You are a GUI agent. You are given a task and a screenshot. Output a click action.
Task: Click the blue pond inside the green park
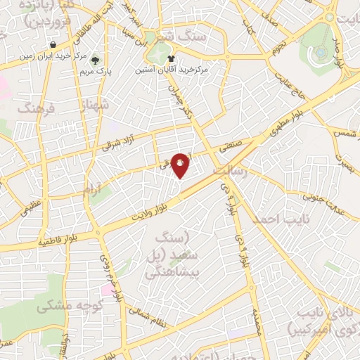point(320,51)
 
